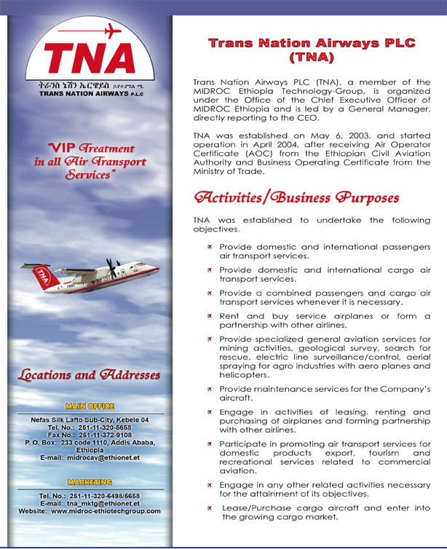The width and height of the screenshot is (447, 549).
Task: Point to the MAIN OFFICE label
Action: (x=90, y=406)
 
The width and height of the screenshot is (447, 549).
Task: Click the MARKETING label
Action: (x=90, y=482)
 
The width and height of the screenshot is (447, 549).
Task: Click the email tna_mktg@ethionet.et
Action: (x=102, y=503)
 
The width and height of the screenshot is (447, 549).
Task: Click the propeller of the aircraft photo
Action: (x=111, y=267)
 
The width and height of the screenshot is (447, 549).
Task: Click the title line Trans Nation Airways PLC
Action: (x=312, y=43)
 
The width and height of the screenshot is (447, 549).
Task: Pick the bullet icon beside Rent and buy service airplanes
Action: (x=209, y=316)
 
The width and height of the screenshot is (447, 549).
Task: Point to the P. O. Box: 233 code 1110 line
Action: (x=90, y=442)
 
